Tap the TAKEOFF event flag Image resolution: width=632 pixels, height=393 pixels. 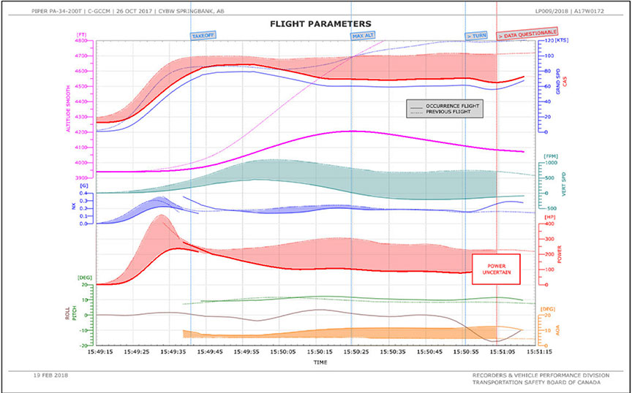[203, 35]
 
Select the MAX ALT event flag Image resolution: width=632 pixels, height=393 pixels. [364, 35]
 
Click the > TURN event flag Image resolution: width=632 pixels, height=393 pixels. [477, 35]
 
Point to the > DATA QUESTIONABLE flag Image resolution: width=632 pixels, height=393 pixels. [527, 33]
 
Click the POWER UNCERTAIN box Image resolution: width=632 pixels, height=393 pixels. [495, 268]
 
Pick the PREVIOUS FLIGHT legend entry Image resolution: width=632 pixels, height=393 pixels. [448, 112]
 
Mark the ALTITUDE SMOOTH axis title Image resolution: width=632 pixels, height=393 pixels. [69, 110]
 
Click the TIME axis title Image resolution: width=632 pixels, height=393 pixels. [320, 362]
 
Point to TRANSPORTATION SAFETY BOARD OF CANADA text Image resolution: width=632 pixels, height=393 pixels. [537, 382]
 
